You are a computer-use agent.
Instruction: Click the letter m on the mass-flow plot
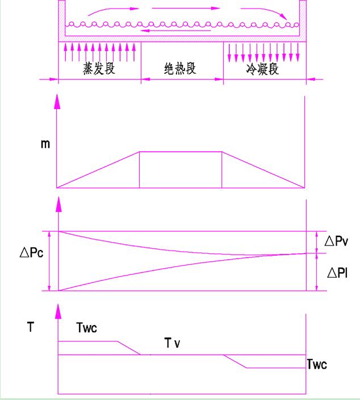[x=45, y=144]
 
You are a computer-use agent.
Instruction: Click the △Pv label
[x=336, y=241]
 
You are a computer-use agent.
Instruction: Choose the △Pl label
[x=336, y=273]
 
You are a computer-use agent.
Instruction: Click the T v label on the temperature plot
[x=173, y=343]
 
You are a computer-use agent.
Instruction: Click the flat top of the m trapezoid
[x=181, y=152]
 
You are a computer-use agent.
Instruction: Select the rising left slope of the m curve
[x=98, y=169]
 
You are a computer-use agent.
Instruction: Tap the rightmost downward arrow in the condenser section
[x=298, y=53]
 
